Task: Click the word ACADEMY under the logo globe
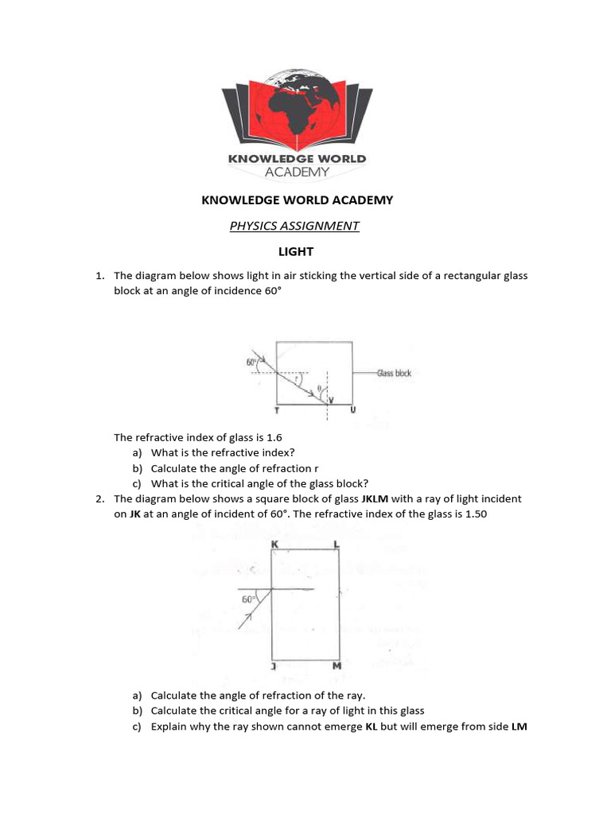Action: [297, 172]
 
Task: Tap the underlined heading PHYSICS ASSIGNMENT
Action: [294, 226]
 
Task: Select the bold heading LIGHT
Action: [296, 252]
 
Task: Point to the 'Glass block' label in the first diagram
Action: [394, 373]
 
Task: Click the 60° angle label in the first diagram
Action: [251, 362]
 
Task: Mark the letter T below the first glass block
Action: [276, 409]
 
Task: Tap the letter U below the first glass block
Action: [352, 409]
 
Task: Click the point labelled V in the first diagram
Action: [332, 400]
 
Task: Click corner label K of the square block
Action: [274, 544]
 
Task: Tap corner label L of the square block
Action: [337, 544]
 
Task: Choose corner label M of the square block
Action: [337, 666]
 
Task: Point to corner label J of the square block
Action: [273, 666]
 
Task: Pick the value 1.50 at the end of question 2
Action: [473, 514]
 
